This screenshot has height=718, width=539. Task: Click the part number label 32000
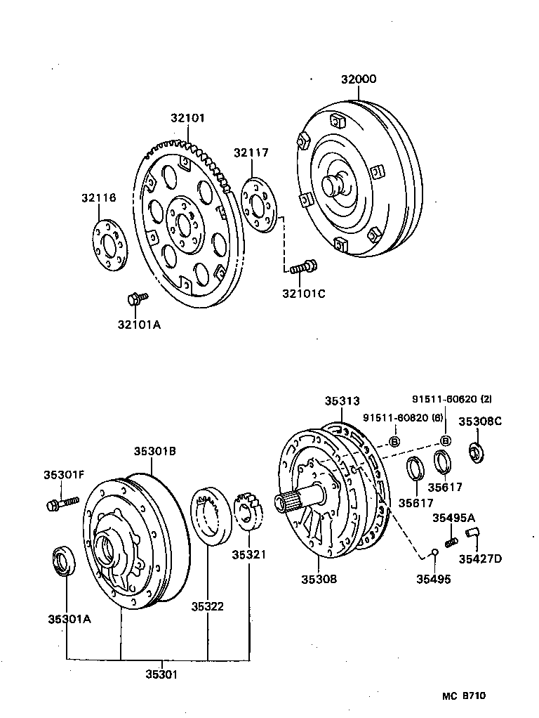click(359, 79)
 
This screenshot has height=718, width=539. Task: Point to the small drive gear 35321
click(248, 512)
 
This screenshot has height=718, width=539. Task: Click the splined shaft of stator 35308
click(302, 500)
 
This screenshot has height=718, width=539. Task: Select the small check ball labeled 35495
click(434, 550)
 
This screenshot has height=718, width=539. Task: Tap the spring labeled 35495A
click(452, 541)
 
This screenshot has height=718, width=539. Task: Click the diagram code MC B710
click(464, 696)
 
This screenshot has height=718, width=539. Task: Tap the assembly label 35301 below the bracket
click(162, 674)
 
